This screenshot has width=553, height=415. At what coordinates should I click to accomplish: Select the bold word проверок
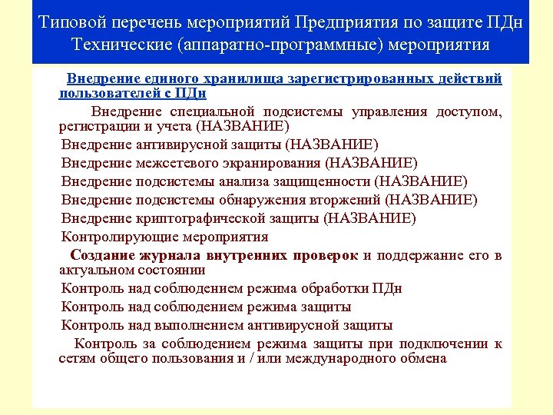coord(326,255)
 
